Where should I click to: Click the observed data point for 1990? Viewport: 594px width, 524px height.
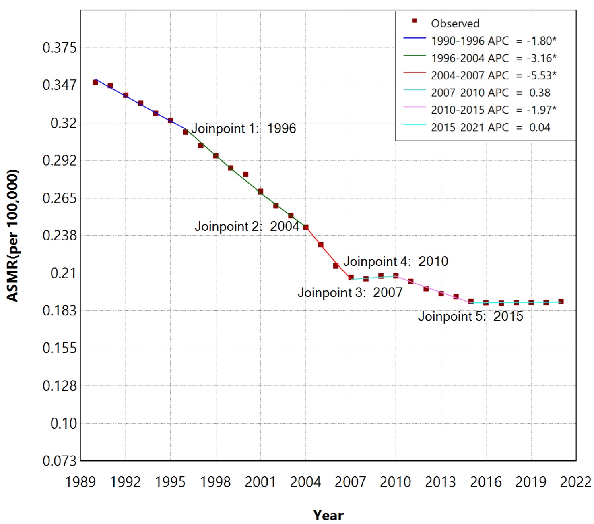point(95,82)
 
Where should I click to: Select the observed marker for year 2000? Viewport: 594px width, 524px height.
point(245,174)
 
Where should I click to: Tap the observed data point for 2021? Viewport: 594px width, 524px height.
point(561,302)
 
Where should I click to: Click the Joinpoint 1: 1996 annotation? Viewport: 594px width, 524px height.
point(243,128)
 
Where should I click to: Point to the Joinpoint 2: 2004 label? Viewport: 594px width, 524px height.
point(247,226)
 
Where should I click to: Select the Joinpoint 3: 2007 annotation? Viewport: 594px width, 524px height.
point(350,292)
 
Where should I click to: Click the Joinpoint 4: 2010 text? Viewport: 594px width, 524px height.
point(396,261)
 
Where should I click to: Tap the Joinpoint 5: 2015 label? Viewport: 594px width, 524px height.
point(470,316)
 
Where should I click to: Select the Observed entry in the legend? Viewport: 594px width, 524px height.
point(455,23)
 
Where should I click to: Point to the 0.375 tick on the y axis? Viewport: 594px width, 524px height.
point(60,48)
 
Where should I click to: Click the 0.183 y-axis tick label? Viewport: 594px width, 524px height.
point(60,311)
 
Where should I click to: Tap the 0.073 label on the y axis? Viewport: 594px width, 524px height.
point(60,461)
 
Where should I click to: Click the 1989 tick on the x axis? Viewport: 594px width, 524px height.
point(80,482)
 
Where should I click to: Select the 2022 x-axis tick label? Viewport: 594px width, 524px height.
point(575,482)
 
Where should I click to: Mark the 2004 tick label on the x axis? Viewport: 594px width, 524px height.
point(305,482)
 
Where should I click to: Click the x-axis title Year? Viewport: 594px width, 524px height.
point(328,515)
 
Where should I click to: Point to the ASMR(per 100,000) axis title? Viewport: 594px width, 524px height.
point(13,236)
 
